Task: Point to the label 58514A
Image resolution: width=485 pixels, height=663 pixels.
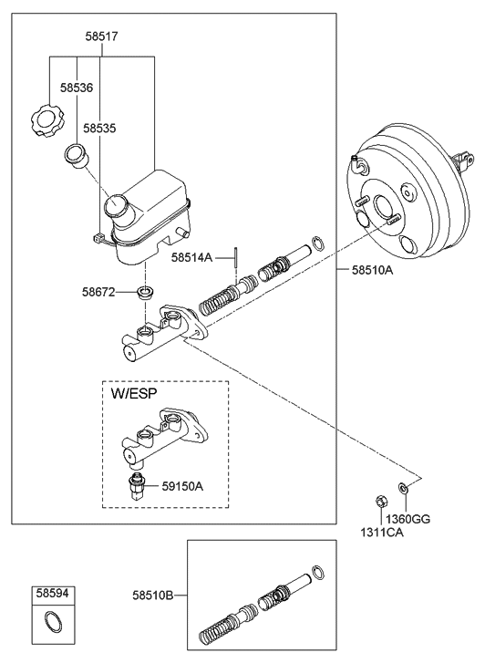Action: (x=191, y=259)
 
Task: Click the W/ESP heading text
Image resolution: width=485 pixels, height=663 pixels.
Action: (x=134, y=395)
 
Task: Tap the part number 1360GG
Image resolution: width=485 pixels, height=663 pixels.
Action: (x=407, y=519)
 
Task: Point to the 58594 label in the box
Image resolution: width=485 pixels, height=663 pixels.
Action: (x=51, y=594)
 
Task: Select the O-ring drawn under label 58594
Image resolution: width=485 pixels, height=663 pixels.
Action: (x=52, y=624)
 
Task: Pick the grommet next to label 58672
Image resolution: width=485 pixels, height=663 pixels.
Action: (x=143, y=293)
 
